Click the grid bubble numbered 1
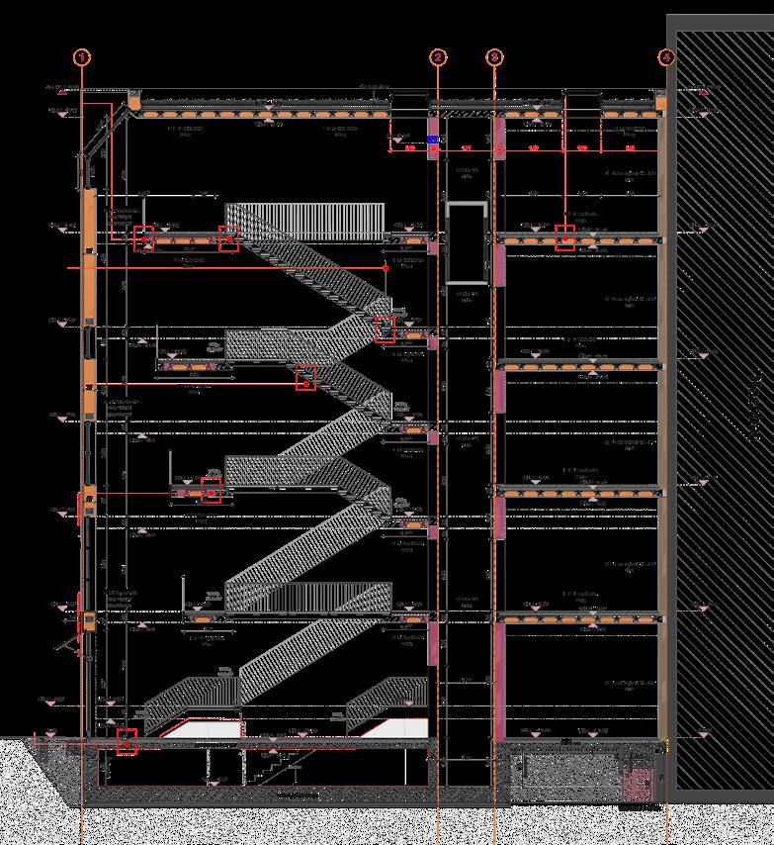click(x=81, y=57)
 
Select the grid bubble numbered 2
click(x=438, y=57)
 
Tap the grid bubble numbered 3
click(x=494, y=57)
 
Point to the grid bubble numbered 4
click(x=668, y=57)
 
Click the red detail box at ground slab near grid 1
click(x=127, y=741)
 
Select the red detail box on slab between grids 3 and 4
click(x=564, y=238)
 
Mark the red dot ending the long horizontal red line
click(x=386, y=267)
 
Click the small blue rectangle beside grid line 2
click(x=432, y=141)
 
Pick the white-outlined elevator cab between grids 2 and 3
click(x=468, y=242)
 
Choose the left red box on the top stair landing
click(x=144, y=238)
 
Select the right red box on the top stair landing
click(x=228, y=238)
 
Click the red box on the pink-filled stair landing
click(x=212, y=490)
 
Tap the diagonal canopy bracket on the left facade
click(x=72, y=644)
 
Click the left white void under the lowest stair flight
click(x=203, y=728)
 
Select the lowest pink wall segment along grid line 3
click(x=499, y=683)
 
